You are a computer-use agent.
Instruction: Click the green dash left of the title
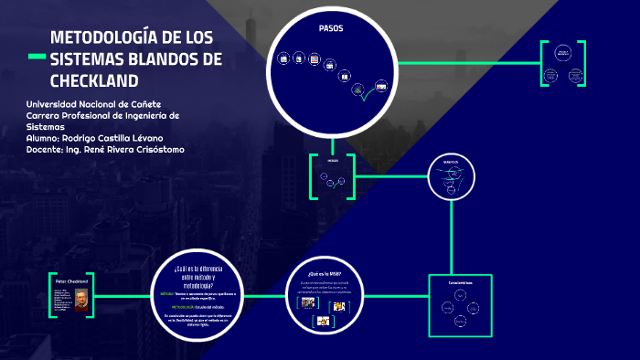click(37, 58)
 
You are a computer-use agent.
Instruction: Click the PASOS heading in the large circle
click(330, 29)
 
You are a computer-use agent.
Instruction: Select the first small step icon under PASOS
click(283, 57)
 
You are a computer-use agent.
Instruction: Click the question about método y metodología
click(197, 269)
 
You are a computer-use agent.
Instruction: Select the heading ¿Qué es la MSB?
click(326, 273)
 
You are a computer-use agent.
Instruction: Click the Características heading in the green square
click(460, 283)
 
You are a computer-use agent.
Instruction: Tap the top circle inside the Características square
click(460, 295)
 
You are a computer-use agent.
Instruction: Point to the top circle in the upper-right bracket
click(563, 54)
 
